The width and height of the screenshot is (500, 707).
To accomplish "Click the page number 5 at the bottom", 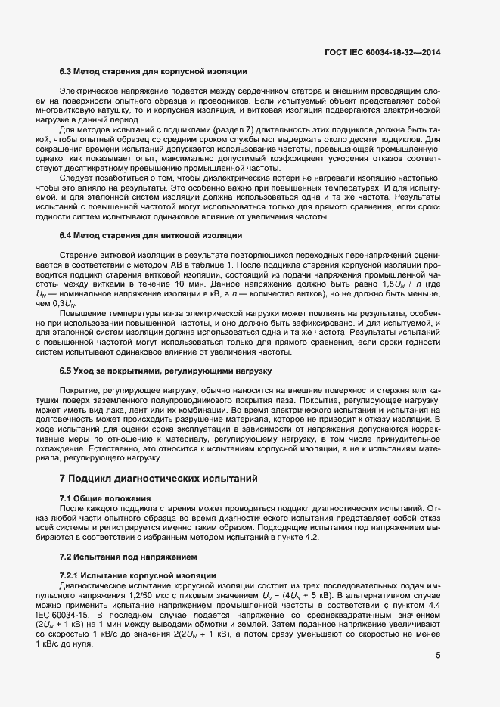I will [438, 655].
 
